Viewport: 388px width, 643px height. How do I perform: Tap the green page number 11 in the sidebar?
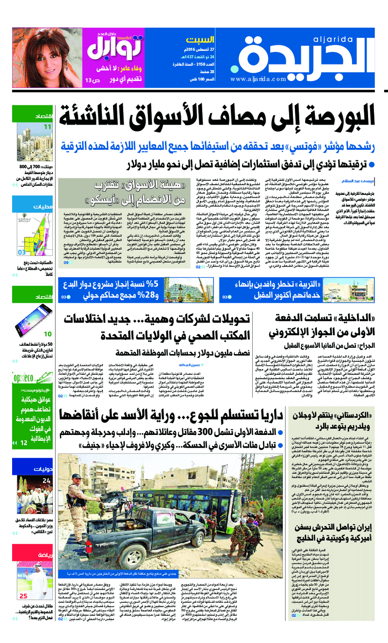[34, 128]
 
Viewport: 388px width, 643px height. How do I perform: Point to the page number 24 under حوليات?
[33, 481]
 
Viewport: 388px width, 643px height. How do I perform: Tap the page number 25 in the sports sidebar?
[23, 596]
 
